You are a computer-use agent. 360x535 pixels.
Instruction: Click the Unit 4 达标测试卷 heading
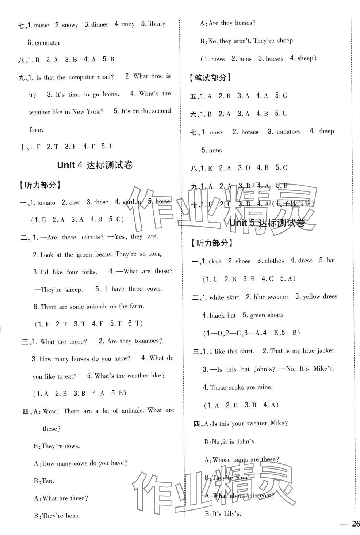point(95,166)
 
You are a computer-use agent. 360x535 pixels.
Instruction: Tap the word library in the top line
point(157,24)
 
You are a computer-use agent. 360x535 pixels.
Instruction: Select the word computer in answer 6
point(47,43)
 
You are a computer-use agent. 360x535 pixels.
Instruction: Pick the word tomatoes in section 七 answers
point(288,132)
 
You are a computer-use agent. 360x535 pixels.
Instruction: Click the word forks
point(89,272)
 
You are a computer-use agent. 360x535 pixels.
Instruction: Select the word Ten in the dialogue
point(48,481)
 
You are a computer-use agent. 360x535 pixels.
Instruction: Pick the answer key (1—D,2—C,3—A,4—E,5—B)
point(251,333)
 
